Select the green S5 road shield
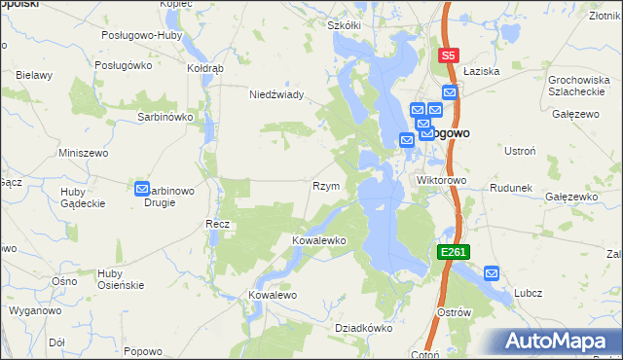(x=449, y=56)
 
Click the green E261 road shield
(x=454, y=252)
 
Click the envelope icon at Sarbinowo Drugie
(x=141, y=191)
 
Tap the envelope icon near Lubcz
(x=492, y=274)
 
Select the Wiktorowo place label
(x=443, y=181)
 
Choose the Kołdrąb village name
(x=205, y=69)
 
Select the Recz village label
(x=216, y=225)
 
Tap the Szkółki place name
(x=344, y=25)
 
